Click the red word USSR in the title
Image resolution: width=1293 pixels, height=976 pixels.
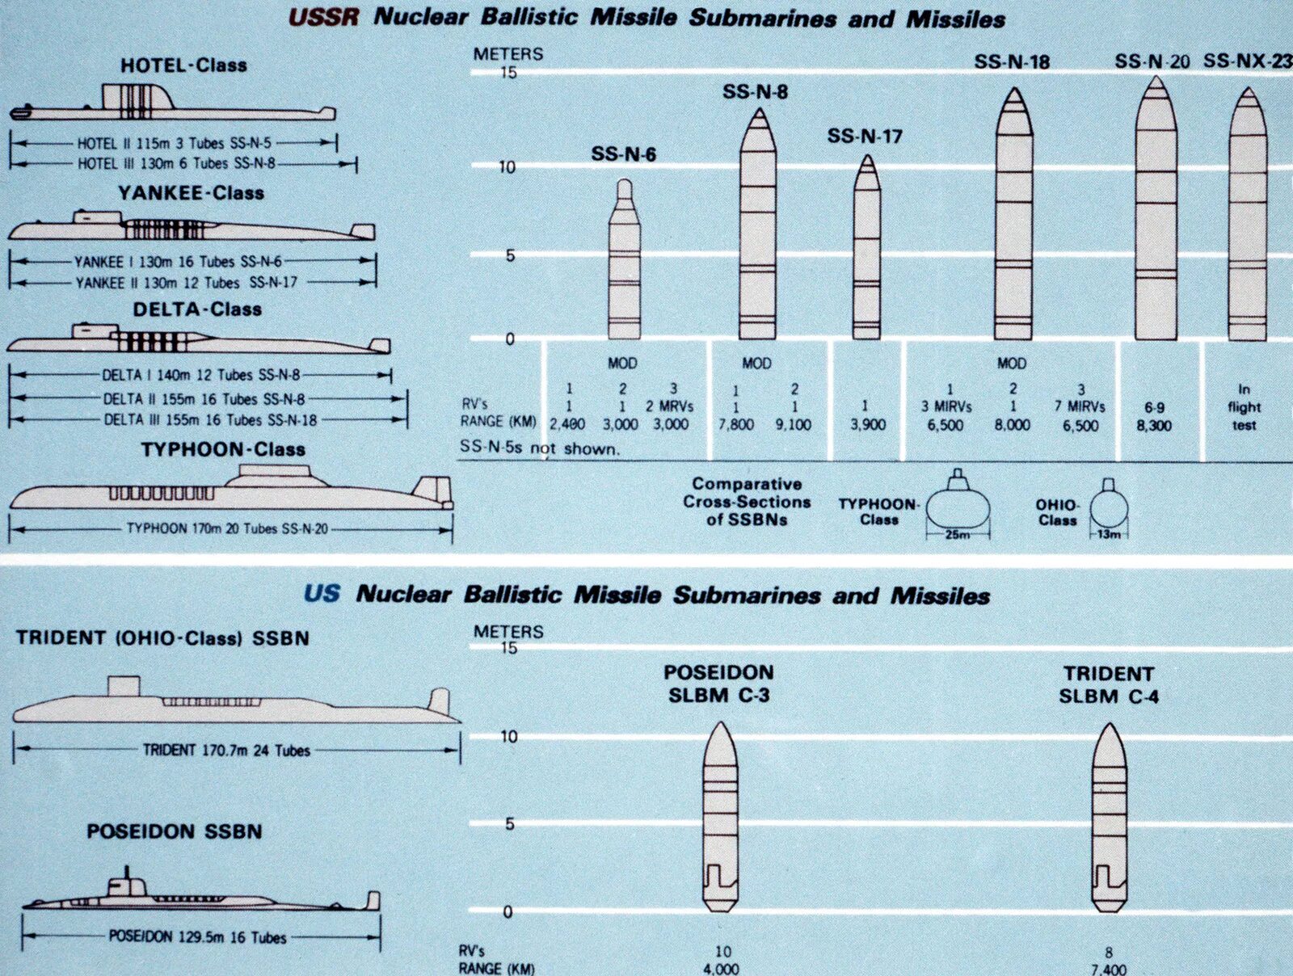coord(323,17)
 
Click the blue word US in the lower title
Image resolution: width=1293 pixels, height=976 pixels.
coord(322,594)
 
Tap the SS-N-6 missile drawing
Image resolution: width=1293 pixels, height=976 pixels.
coord(624,267)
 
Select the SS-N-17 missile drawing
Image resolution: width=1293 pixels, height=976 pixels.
coord(866,250)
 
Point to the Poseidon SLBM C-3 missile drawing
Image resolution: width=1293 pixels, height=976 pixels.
coord(719,816)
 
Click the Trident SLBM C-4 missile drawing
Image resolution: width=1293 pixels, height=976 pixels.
coord(1109,816)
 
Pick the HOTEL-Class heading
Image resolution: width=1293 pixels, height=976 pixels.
coord(183,65)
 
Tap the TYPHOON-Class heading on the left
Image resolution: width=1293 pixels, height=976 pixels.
coord(223,449)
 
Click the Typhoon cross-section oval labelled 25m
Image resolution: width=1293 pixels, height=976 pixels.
coord(958,507)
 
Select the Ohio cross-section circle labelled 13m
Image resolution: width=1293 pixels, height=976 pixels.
coord(1108,509)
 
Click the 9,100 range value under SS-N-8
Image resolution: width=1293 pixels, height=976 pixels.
coord(793,425)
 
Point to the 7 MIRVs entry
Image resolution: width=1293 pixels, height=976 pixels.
coord(1080,406)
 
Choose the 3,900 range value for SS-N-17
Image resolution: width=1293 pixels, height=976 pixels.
coord(868,425)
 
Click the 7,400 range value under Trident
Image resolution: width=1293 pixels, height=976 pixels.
coord(1108,969)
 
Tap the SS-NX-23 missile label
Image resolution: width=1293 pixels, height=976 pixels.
coord(1247,61)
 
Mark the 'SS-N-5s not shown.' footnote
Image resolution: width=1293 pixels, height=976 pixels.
coord(540,448)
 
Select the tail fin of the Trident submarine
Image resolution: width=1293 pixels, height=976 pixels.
coord(439,702)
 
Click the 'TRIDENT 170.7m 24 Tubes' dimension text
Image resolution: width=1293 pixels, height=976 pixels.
coord(226,750)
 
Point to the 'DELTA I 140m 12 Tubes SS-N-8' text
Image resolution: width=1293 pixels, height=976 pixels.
coord(200,375)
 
